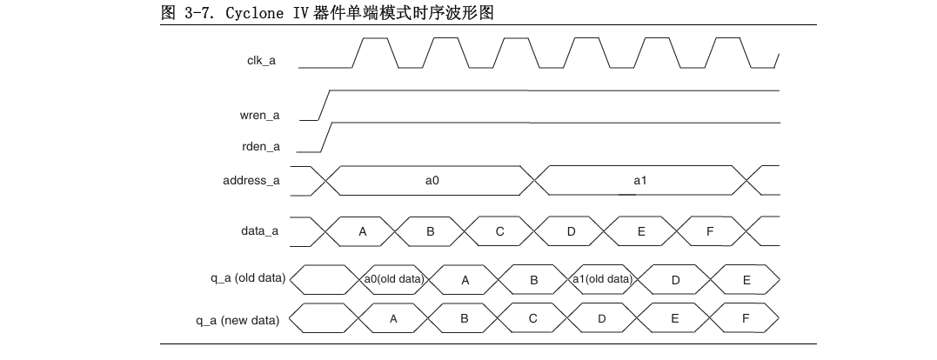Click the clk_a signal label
[x=261, y=60]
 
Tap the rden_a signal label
[x=261, y=146]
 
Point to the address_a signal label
[x=251, y=181]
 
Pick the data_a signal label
[x=259, y=231]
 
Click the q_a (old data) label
[x=239, y=279]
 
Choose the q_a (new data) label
[x=238, y=320]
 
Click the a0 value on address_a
[x=432, y=181]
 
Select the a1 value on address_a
[x=640, y=181]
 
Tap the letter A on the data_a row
[x=363, y=231]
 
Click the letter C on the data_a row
[x=499, y=231]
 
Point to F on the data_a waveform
[x=710, y=231]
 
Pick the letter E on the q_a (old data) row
[x=746, y=279]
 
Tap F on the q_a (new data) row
[x=746, y=320]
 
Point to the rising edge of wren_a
[x=323, y=104]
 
